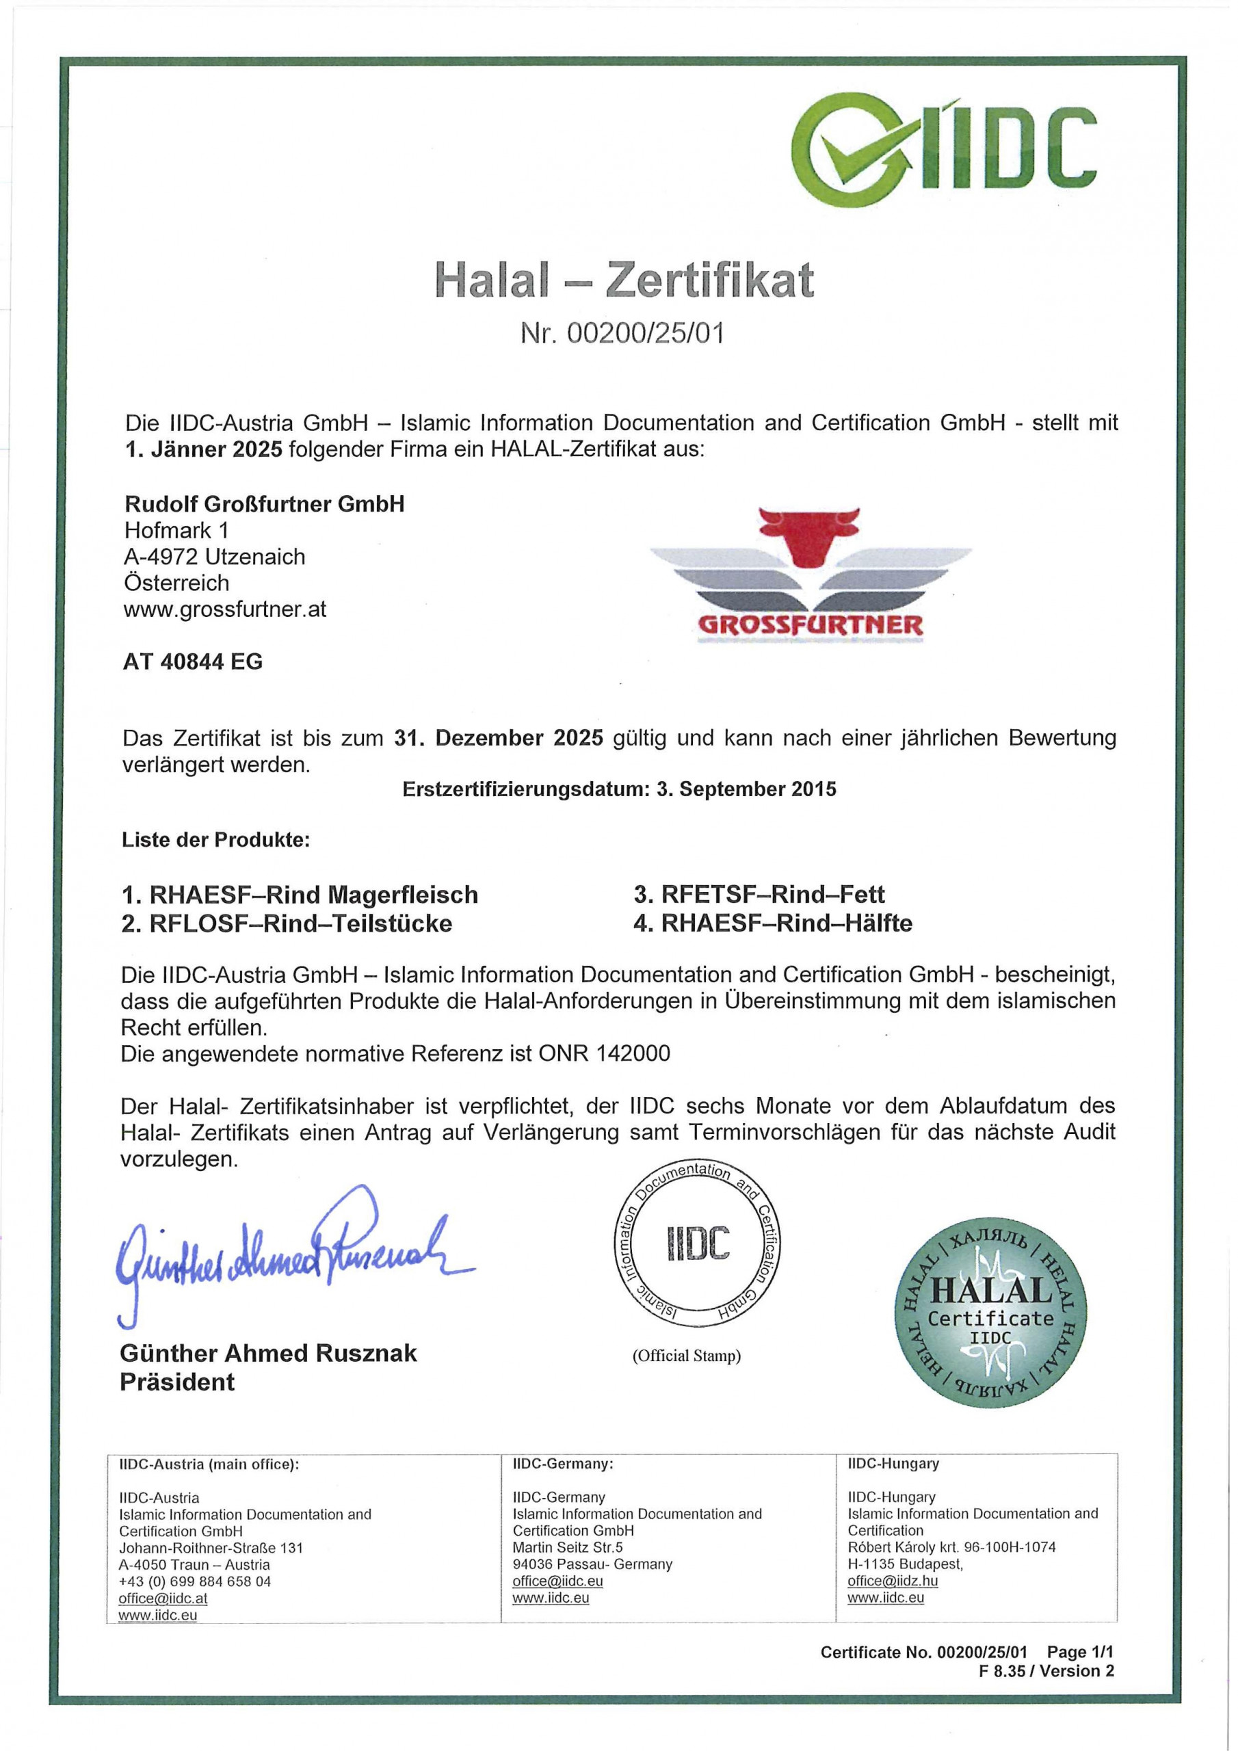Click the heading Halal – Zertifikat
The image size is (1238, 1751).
coord(624,280)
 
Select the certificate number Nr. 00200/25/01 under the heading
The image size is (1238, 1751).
coord(622,333)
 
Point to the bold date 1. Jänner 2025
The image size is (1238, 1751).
coord(203,449)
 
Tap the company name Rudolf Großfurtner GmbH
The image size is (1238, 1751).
coord(264,504)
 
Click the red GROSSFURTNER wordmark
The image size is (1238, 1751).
coord(810,625)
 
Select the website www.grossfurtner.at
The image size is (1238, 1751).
coord(225,609)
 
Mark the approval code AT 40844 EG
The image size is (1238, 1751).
coord(192,661)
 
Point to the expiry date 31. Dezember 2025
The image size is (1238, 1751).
coord(499,738)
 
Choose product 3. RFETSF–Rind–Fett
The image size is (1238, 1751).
coord(759,894)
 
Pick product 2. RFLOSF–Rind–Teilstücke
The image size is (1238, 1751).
coord(287,923)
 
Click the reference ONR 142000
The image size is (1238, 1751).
coord(604,1053)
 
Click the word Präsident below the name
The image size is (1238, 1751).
coord(177,1382)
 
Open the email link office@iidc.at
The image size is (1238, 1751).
coord(163,1598)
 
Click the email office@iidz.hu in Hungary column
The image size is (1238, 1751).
coord(893,1581)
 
